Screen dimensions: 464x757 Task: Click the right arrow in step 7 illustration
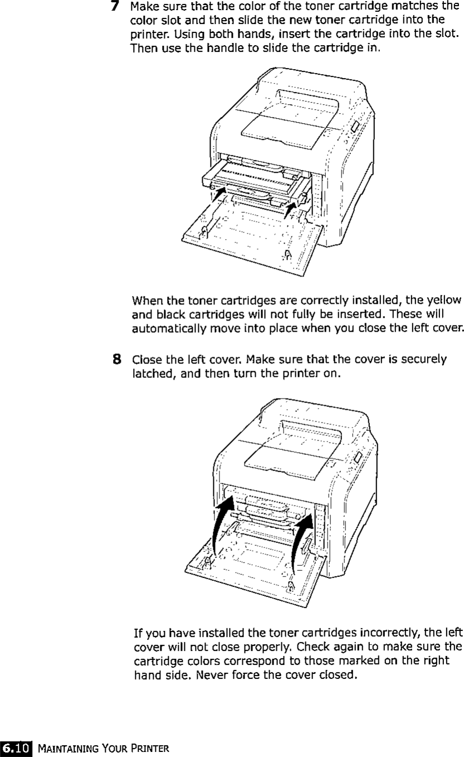click(290, 210)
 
